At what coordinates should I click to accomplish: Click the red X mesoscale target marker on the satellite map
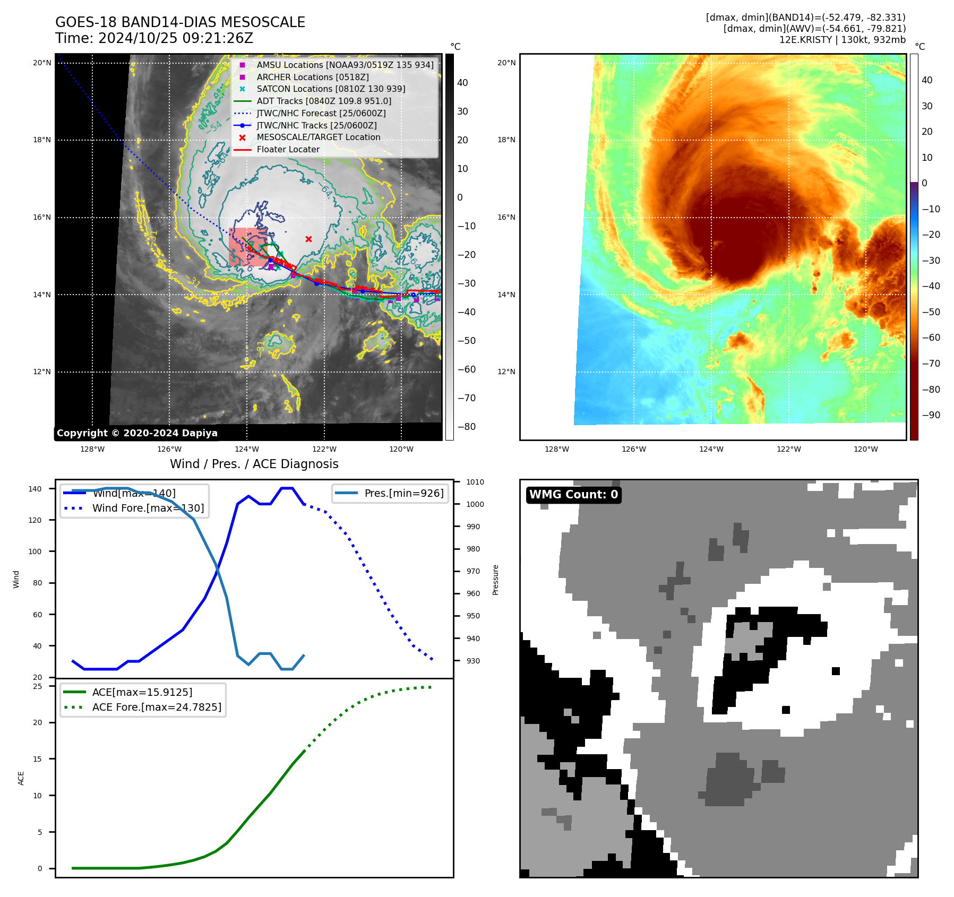pos(308,239)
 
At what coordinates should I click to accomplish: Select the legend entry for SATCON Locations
pos(331,89)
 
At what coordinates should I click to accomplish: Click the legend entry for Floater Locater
pos(288,150)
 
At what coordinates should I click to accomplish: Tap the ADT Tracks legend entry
pos(324,101)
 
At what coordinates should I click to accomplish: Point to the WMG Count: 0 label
pos(573,495)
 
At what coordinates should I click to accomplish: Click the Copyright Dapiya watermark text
pos(137,433)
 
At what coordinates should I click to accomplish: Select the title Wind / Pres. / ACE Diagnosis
pos(254,464)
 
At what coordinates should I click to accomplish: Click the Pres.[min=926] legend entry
pos(403,493)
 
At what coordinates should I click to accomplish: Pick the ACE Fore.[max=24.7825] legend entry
pos(157,707)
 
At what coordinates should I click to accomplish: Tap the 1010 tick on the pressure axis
pos(475,482)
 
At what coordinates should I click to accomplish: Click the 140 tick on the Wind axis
pos(35,489)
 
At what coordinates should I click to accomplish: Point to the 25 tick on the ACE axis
pos(37,686)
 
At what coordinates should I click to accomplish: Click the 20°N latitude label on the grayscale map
pos(42,63)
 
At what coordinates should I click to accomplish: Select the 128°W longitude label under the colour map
pos(556,450)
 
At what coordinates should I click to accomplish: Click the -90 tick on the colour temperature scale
pos(931,415)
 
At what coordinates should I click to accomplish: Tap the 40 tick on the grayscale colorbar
pos(462,83)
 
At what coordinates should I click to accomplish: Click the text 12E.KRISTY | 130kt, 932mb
pos(842,40)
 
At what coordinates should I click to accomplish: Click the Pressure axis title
pos(495,580)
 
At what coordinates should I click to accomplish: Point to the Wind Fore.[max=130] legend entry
pos(148,508)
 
